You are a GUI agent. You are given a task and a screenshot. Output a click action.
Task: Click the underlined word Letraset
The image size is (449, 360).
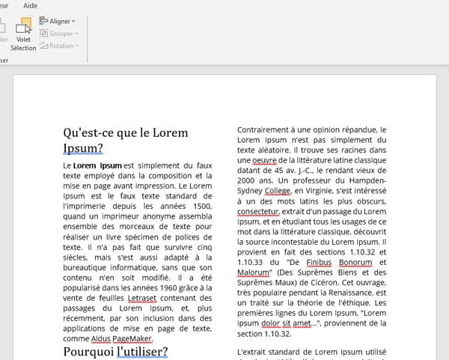point(143,298)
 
